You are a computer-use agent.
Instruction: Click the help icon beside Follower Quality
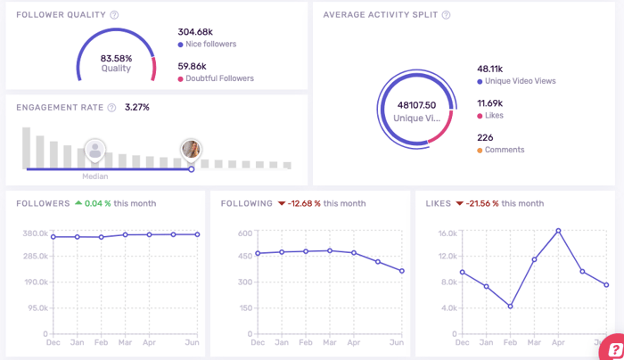[114, 15]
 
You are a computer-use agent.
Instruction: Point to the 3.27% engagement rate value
[137, 107]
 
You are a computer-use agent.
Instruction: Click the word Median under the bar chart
[95, 176]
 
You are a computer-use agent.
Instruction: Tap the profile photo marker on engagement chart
[190, 148]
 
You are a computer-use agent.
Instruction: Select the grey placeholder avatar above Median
[94, 149]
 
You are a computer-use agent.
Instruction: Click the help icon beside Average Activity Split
[446, 15]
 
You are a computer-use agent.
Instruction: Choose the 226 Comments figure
[486, 137]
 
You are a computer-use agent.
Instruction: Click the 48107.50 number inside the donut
[415, 104]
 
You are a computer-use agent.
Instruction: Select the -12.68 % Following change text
[299, 203]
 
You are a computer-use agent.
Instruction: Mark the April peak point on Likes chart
[558, 231]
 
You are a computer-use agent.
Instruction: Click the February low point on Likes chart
[510, 306]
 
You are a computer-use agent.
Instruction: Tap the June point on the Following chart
[402, 271]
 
